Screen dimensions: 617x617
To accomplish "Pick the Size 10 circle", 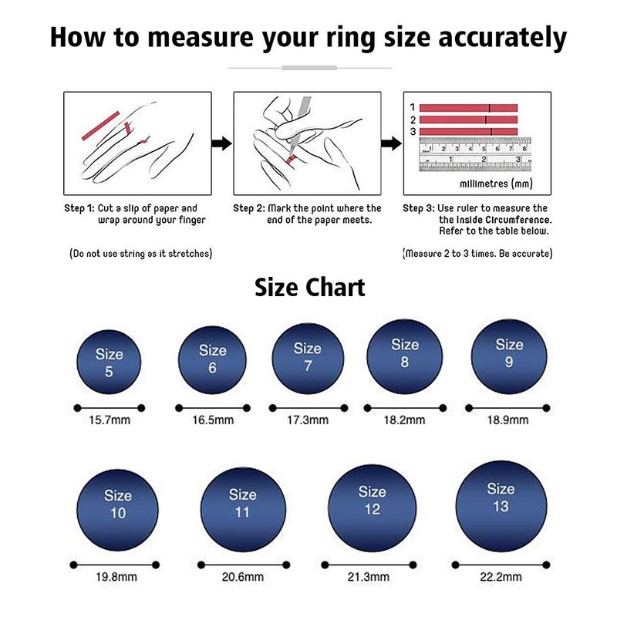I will click(x=118, y=504).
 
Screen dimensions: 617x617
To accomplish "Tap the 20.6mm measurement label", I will click(x=243, y=577).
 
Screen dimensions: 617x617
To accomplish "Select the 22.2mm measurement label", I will click(x=501, y=577).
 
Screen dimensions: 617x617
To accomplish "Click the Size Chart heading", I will click(x=308, y=288).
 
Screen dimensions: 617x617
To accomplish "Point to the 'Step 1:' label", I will click(x=79, y=208).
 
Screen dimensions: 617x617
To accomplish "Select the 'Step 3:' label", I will click(x=418, y=208).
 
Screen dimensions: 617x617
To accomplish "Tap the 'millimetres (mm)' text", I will click(x=494, y=184).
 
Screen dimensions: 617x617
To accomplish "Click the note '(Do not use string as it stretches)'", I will click(x=140, y=253).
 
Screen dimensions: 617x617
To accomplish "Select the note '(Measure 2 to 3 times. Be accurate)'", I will click(x=477, y=253).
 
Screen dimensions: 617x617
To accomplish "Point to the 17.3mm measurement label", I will click(x=308, y=420).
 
